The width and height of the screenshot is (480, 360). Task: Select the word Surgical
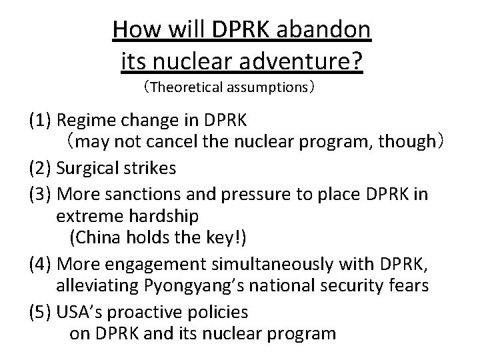89,169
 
